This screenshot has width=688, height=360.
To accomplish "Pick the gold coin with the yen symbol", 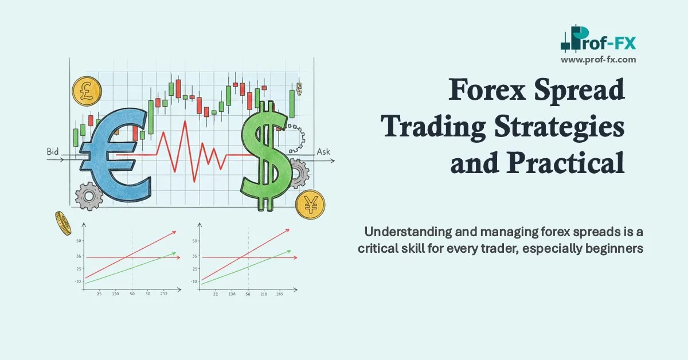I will pos(310,204).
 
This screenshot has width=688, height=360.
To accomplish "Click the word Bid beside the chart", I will pos(53,152).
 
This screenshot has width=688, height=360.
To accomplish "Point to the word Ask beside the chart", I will pos(324,152).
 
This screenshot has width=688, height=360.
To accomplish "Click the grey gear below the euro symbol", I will pos(89,197).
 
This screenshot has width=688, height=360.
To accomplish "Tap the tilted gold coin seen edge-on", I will pos(63,223).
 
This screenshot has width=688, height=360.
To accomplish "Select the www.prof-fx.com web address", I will pos(598,59).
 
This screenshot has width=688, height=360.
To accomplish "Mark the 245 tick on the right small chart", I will pos(279,294).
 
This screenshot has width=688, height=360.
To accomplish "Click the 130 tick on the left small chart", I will pos(116,294).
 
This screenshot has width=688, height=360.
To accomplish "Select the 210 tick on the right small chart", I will pos(264,294).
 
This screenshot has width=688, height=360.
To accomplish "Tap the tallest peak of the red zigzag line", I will pos(185,122).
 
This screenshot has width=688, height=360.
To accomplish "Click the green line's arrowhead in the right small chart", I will pos(290,251).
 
